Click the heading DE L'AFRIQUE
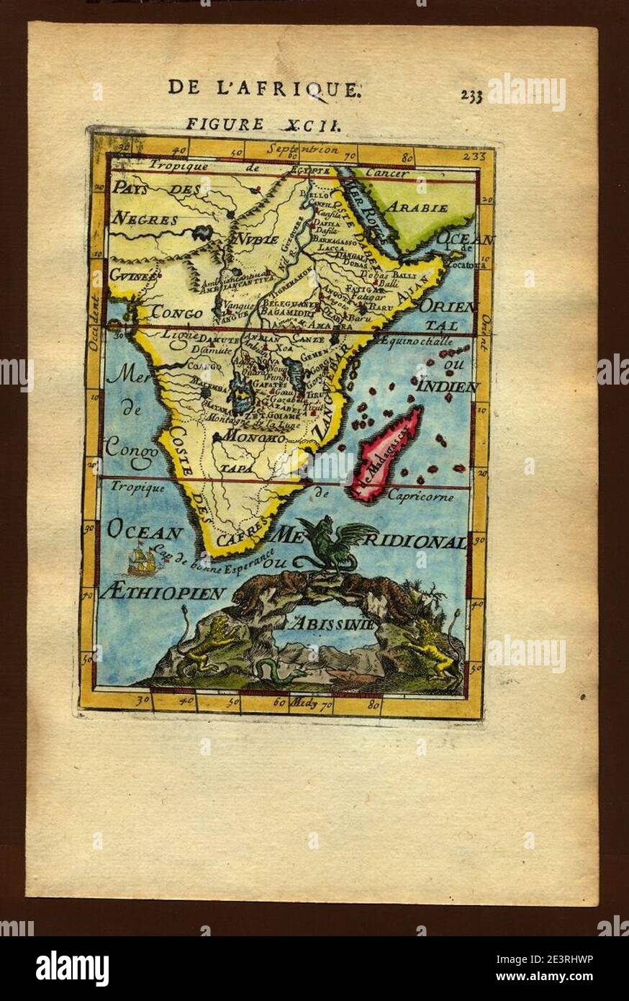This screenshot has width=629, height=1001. coord(264,89)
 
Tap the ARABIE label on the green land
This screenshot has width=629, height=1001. coord(418,207)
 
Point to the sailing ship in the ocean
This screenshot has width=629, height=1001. coord(143,560)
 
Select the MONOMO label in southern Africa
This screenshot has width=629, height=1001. coord(250,436)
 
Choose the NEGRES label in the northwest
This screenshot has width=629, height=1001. coord(145,219)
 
